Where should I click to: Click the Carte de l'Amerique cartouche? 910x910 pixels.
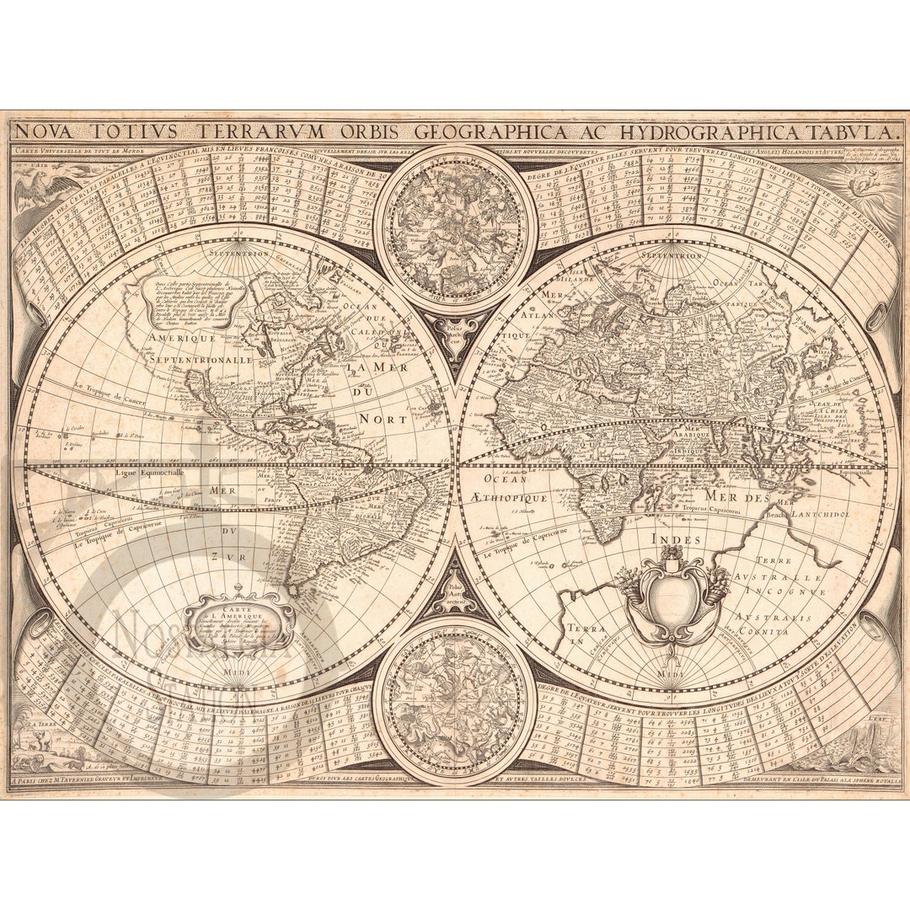pos(239,622)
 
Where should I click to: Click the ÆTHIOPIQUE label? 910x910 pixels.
pos(502,498)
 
